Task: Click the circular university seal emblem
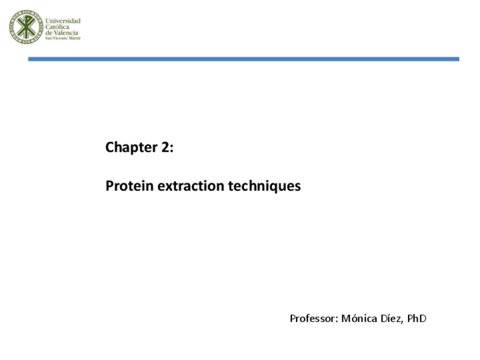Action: pyautogui.click(x=26, y=27)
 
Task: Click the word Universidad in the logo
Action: pyautogui.click(x=63, y=21)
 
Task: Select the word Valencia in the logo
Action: pyautogui.click(x=67, y=33)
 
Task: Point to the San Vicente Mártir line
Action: pyautogui.click(x=63, y=38)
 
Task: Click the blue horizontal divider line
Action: pyautogui.click(x=243, y=59)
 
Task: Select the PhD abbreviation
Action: pyautogui.click(x=417, y=318)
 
